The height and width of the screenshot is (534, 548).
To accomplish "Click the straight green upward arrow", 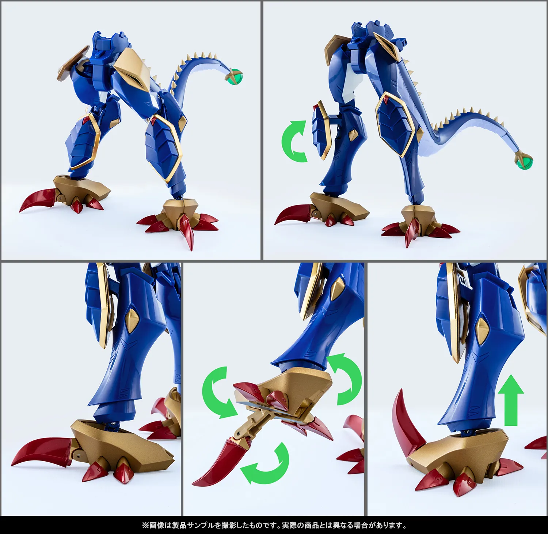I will pos(511,400).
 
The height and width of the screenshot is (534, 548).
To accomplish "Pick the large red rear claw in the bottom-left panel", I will pos(40,451).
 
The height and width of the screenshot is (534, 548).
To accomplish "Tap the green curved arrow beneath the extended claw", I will pos(266,464).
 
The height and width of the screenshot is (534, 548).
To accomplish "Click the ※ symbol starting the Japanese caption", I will pos(145,526).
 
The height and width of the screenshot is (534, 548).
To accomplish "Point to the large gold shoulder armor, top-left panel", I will pos(135,69).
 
